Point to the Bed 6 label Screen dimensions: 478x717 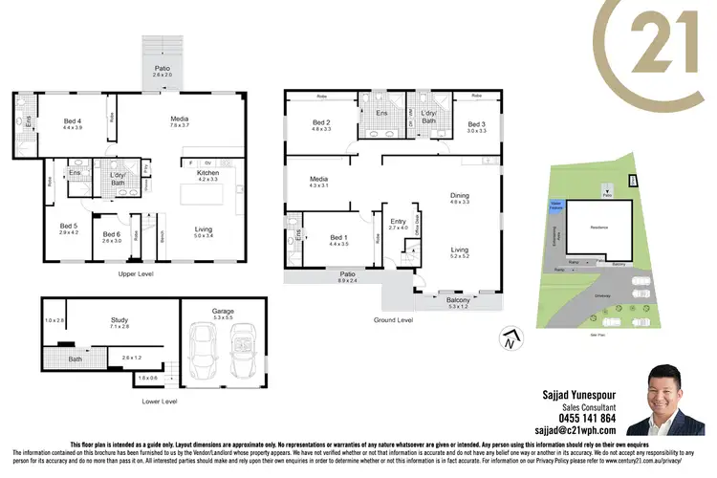(111, 234)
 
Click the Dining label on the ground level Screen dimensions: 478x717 (460, 197)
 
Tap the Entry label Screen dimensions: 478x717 (398, 223)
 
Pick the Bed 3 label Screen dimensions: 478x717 (476, 125)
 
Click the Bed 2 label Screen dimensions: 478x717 (321, 122)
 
